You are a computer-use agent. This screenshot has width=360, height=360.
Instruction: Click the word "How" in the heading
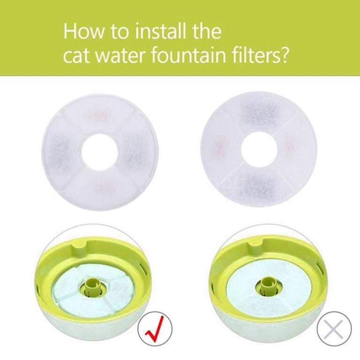pyautogui.click(x=83, y=31)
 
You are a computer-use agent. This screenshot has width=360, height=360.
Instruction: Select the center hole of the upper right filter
pyautogui.click(x=259, y=150)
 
